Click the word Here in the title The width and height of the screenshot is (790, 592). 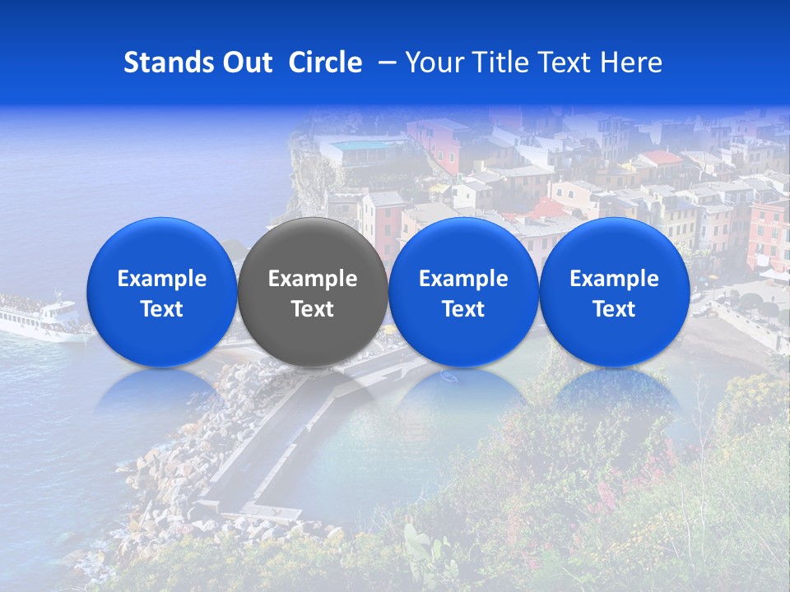point(633,62)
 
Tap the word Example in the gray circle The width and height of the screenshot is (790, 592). point(313,279)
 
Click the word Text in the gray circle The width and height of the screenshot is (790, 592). point(313,309)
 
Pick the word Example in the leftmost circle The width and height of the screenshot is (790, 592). point(162,279)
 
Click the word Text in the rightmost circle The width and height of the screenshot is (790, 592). point(615,309)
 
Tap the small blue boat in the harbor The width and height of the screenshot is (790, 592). point(448,377)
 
